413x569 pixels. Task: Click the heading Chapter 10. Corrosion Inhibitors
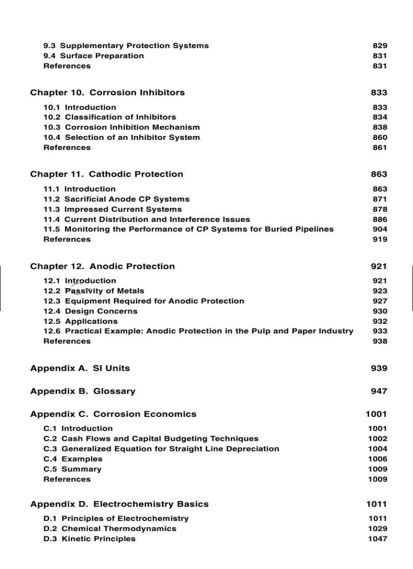[x=107, y=93]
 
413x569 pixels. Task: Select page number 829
[x=380, y=46]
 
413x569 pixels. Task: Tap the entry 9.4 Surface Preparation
[x=94, y=56]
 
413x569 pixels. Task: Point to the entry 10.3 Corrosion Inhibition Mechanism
[x=121, y=127]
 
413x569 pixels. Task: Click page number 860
[x=380, y=137]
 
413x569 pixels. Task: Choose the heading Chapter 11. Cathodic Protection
[x=107, y=174]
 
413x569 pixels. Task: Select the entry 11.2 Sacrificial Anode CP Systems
[x=116, y=199]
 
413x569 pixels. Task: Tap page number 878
[x=380, y=209]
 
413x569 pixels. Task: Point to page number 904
[x=380, y=229]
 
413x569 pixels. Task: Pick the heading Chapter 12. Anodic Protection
[x=103, y=267]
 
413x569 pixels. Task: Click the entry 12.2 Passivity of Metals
[x=94, y=291]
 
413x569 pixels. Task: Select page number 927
[x=380, y=301]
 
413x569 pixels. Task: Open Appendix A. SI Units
[x=80, y=368]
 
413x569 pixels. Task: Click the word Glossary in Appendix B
[x=114, y=391]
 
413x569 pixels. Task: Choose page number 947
[x=379, y=391]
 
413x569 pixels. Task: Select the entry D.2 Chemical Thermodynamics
[x=110, y=528]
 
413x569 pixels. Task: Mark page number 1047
[x=378, y=539]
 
